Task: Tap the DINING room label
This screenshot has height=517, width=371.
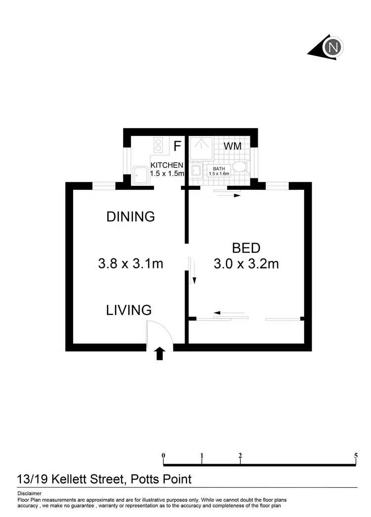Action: pos(131,216)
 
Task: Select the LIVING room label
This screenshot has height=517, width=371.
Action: pos(129,310)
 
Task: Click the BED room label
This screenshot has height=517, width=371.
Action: pos(246,248)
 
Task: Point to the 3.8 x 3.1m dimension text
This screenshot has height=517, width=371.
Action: pos(131,263)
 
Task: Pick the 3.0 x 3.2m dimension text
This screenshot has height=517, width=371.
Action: pos(246,263)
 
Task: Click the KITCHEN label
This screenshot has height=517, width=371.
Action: pos(167,165)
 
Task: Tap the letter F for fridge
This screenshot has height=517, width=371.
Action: pos(177,146)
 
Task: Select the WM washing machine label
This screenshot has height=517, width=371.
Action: pos(232,146)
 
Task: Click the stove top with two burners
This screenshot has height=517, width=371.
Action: pos(159,145)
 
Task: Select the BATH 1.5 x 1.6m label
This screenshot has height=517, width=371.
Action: pos(219,171)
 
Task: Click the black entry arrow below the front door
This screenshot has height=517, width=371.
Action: pos(159,353)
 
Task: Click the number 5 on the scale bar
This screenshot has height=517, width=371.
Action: pos(356,455)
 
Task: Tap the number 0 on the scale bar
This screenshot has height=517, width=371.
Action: pos(163,455)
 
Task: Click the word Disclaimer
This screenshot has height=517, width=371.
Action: pos(29,493)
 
